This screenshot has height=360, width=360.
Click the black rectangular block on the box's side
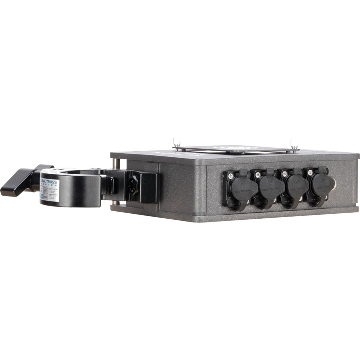148,188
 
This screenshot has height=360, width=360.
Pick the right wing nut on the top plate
293,144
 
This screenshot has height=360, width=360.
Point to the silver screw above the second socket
258,174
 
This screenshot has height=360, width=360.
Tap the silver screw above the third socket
285,174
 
